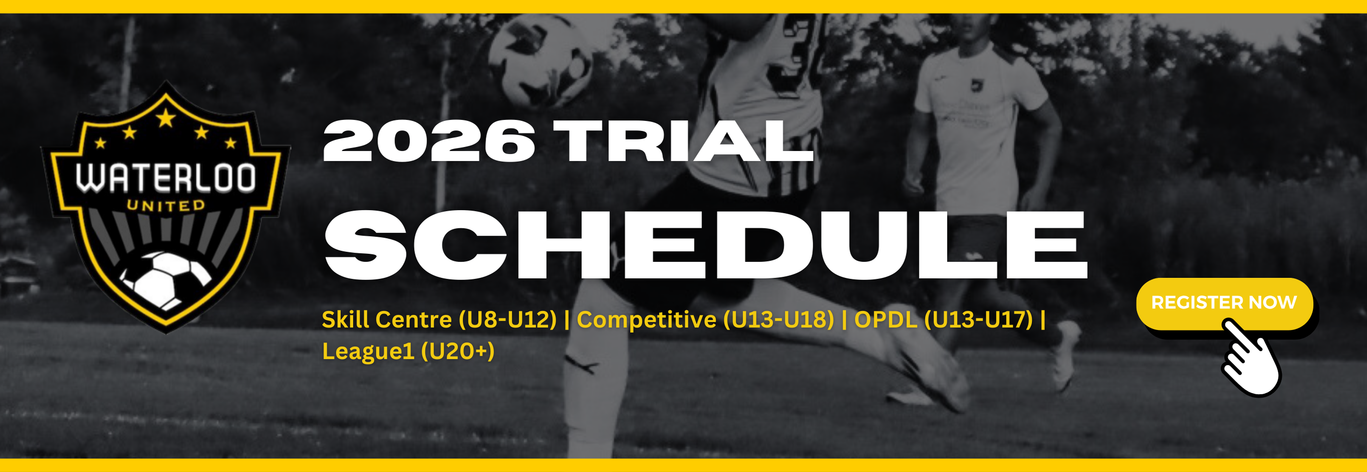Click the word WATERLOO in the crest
coord(165,179)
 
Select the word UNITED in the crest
coord(165,206)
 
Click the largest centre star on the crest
coord(165,118)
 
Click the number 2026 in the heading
coord(429,141)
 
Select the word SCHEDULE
coord(706,245)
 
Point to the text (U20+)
coord(458,351)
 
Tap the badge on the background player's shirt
coord(975,85)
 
